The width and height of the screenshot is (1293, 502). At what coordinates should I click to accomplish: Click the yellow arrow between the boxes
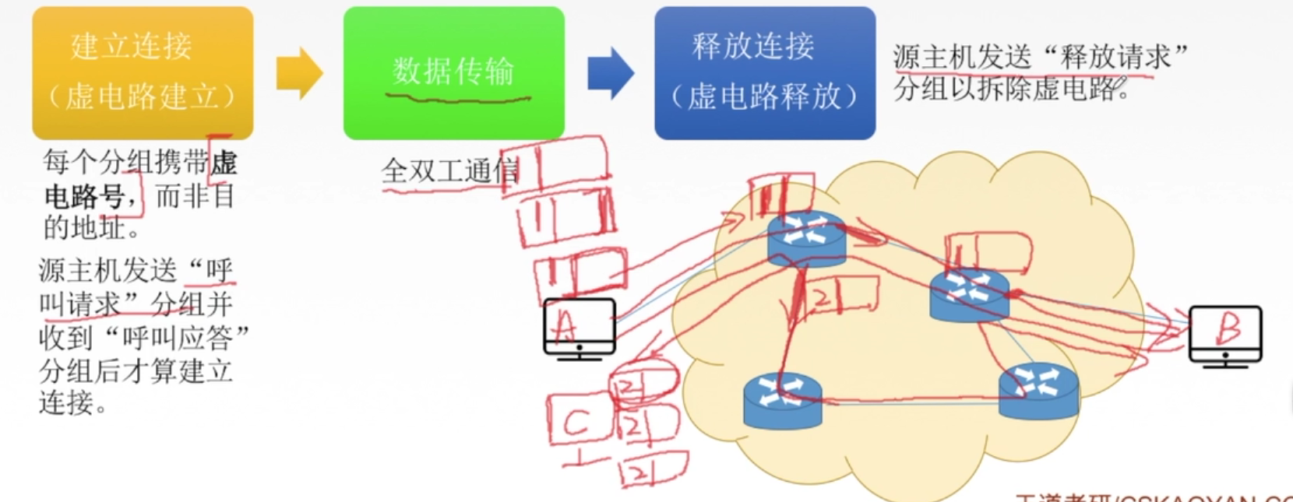tap(299, 73)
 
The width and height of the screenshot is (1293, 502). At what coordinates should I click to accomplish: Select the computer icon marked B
tap(1225, 333)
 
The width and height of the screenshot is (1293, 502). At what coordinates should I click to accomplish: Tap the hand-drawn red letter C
tap(576, 423)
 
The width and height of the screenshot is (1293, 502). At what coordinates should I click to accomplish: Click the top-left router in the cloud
tap(806, 237)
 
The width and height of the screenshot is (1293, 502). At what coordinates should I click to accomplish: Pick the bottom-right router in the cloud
tap(1039, 391)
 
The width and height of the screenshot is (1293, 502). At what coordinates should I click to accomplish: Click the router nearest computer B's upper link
tap(969, 293)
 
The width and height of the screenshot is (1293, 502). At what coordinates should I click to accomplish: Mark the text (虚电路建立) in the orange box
tap(142, 97)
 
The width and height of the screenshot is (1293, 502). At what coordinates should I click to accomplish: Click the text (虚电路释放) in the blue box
tap(764, 97)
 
